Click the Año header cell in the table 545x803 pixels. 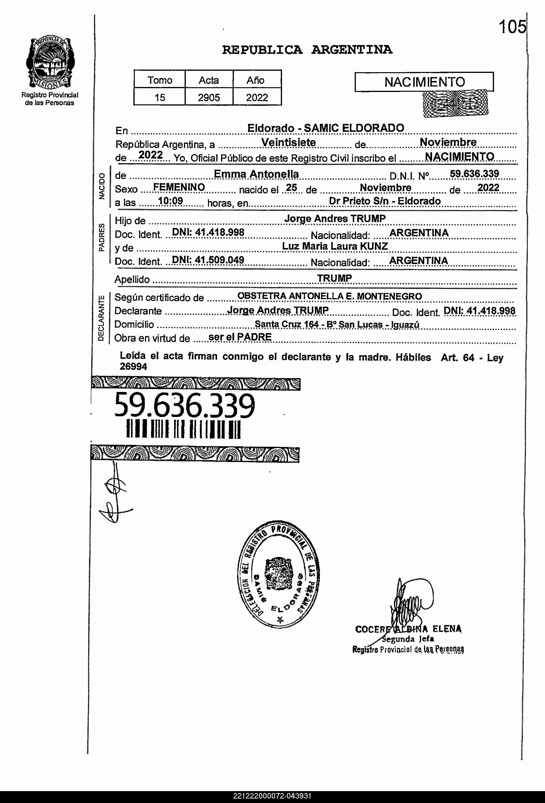[256, 80]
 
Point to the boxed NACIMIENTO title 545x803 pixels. [424, 82]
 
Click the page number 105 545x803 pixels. [512, 27]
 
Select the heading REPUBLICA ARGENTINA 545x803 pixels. [307, 50]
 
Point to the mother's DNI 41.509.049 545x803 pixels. [208, 259]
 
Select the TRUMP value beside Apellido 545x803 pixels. [334, 278]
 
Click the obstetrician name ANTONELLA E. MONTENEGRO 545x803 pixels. [355, 296]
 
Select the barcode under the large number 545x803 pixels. [183, 429]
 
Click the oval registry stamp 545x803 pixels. [278, 574]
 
